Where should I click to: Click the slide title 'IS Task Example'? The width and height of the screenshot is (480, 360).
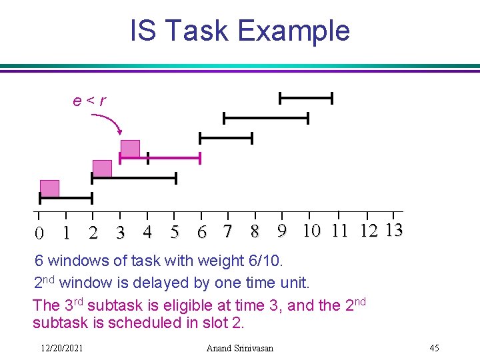[x=239, y=31]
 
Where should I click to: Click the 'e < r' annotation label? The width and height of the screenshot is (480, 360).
[x=89, y=101]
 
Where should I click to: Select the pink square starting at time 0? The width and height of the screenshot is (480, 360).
[x=49, y=189]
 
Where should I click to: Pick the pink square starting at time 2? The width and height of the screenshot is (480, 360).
[x=102, y=168]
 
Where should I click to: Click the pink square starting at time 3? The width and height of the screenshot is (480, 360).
[x=130, y=148]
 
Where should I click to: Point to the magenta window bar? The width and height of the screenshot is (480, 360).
[x=160, y=158]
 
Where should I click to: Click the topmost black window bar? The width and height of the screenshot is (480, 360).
[x=305, y=99]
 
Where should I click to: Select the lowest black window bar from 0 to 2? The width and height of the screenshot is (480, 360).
[x=65, y=198]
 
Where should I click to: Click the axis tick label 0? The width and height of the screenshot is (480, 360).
[x=39, y=233]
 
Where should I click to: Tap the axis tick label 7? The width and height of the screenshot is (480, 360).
[x=228, y=232]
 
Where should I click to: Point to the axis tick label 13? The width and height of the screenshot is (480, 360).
[x=394, y=231]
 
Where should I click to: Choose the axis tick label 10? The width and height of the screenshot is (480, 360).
[x=311, y=231]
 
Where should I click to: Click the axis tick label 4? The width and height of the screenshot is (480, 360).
[x=147, y=232]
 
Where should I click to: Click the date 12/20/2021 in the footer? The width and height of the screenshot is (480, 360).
[x=61, y=348]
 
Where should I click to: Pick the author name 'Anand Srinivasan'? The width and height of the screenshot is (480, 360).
[x=239, y=348]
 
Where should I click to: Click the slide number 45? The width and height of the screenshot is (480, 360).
[x=434, y=348]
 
